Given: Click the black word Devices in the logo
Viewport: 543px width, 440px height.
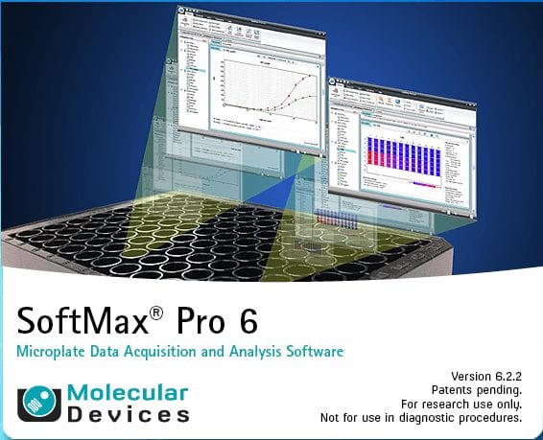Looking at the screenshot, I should (x=128, y=415).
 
